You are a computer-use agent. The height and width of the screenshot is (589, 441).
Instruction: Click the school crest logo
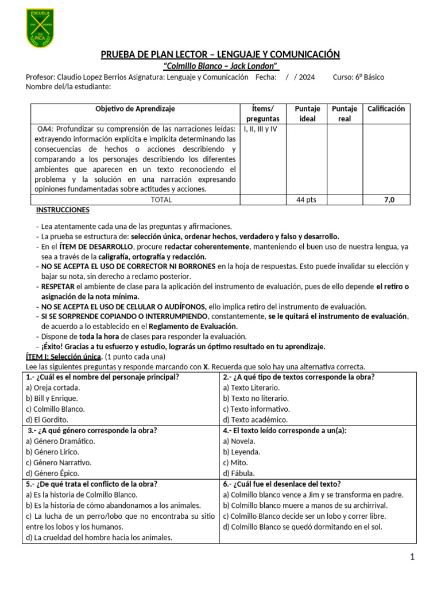[x=40, y=28]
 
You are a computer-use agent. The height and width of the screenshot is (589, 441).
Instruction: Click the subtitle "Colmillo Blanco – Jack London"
[x=220, y=66]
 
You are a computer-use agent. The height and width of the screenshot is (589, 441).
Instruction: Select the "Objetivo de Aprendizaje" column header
[x=135, y=109]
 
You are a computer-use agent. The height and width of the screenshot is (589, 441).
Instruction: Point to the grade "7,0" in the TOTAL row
[x=389, y=200]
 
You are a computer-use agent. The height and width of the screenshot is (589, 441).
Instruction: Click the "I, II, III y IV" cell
[x=261, y=129]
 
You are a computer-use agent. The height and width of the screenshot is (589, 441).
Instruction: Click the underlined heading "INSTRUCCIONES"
[x=62, y=211]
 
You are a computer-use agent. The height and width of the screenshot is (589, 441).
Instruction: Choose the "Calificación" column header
[x=386, y=109]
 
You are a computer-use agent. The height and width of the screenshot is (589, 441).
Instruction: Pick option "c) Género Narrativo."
[x=59, y=462]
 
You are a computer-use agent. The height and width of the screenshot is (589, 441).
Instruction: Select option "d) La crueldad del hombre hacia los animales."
[x=99, y=538]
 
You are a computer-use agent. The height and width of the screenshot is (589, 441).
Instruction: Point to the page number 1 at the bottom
[x=412, y=557]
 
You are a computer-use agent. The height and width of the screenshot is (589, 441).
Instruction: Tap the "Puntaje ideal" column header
[x=307, y=114]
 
